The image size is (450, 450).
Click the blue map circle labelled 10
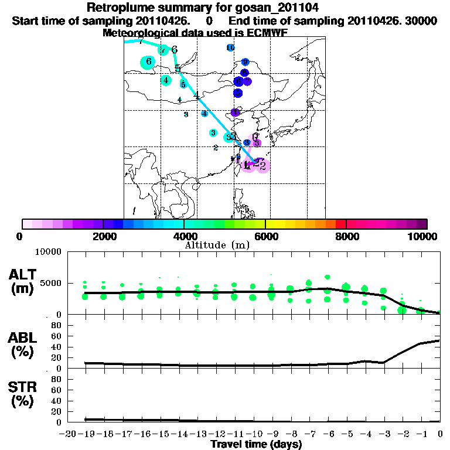coord(230,47)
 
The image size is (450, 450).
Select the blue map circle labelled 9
coord(245,62)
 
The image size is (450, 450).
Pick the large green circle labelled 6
coord(149,62)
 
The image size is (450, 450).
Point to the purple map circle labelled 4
coord(236,112)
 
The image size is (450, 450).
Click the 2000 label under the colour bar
coord(103,237)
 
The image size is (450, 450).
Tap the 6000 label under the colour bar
coord(265,237)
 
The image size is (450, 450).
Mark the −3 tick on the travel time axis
coord(384,433)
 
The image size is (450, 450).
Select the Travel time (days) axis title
coord(256,444)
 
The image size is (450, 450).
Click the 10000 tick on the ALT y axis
coord(49,252)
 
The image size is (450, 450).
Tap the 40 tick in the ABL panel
coord(56,347)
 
